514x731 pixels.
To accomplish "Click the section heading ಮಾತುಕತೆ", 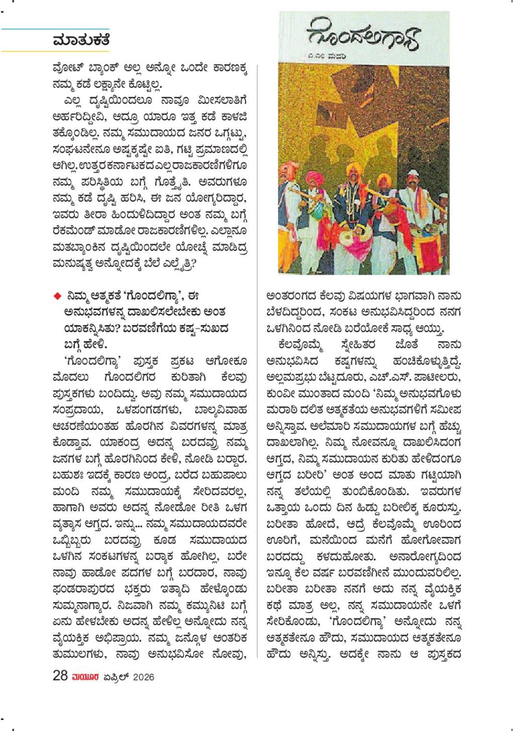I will coord(81,40).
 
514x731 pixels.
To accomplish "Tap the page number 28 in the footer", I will coord(60,675).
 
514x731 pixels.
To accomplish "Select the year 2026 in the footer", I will coord(143,677).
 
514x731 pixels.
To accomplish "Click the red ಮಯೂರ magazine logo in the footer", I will coord(85,677).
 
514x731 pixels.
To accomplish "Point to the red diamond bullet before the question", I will coord(58,295).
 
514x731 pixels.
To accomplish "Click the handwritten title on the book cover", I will coord(363,36).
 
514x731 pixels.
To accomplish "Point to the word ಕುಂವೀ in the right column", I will coord(280,393).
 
